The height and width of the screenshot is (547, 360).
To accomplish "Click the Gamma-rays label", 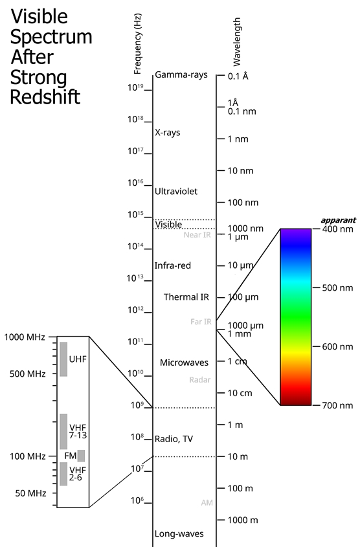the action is pos(181,74).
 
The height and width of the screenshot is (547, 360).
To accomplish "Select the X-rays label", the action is pos(168,133).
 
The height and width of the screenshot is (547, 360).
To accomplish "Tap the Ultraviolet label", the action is pos(176,191).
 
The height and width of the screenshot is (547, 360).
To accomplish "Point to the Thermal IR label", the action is pos(186,297).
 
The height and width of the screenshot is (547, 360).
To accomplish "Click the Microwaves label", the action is pos(184,363).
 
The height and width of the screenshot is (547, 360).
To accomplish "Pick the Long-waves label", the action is pos(179,534).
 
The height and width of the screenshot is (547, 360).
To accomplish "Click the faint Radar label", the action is pos(200,379).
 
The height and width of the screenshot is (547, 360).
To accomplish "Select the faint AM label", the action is pos(207,503).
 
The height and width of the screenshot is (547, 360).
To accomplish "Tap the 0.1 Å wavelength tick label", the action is pos(238,76).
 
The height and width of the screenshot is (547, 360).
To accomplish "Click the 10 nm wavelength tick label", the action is pos(240,171).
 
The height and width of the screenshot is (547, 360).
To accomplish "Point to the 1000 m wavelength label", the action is pos(243,520).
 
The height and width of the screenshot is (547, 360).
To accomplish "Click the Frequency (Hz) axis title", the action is pos(138,44).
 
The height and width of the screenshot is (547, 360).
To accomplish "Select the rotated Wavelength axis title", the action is pos(237,42).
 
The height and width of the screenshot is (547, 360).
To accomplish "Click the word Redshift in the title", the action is pos(45,97).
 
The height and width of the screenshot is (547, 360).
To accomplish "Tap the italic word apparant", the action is pos(339,220).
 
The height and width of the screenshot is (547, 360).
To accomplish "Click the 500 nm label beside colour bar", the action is pos(337,288).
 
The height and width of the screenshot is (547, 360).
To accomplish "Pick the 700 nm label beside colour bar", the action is pos(337,405).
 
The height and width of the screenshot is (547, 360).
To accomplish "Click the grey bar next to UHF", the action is pos(63,359).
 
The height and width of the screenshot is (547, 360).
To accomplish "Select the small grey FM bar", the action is pos(81,456).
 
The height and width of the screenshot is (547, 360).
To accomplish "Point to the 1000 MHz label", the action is pos(25,337).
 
